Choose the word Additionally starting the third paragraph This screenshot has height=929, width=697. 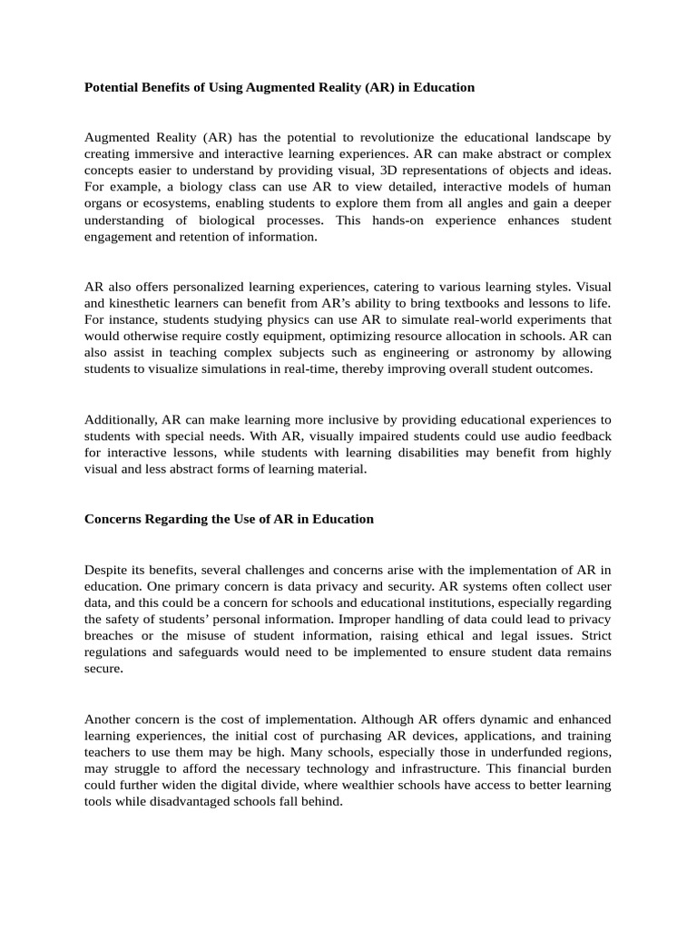pos(121,419)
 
